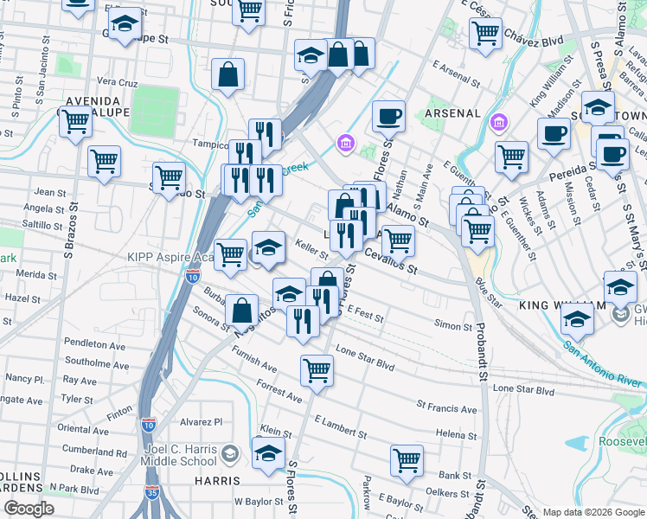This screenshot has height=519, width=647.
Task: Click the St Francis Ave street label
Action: pyautogui.click(x=446, y=407)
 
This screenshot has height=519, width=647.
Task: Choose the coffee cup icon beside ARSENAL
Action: pyautogui.click(x=388, y=115)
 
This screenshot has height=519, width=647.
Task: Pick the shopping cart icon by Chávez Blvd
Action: pyautogui.click(x=486, y=34)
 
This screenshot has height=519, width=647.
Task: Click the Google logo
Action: pyautogui.click(x=29, y=509)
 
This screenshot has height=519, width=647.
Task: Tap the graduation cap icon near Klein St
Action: pyautogui.click(x=268, y=452)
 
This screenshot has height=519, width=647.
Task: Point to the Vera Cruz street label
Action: pyautogui.click(x=117, y=82)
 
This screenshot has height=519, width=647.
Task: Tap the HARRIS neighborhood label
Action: pyautogui.click(x=217, y=480)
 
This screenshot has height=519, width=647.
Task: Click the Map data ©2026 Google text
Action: pyautogui.click(x=593, y=512)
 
